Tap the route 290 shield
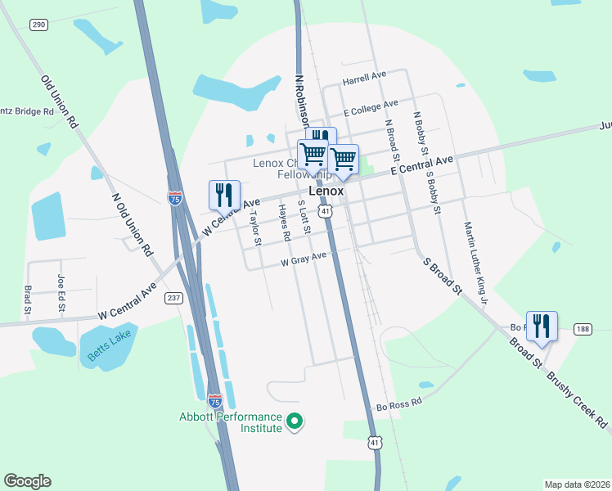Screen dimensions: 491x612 38,25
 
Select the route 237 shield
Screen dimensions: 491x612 173,297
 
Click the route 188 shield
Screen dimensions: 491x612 582,329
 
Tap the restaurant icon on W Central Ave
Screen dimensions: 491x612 224,195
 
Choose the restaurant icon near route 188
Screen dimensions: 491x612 542,326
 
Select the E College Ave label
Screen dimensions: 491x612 371,107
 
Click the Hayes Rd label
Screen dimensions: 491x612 284,223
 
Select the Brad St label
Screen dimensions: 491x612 27,300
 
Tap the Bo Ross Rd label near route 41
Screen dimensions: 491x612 398,404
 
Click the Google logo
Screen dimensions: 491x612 27,481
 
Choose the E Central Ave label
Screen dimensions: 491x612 421,166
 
